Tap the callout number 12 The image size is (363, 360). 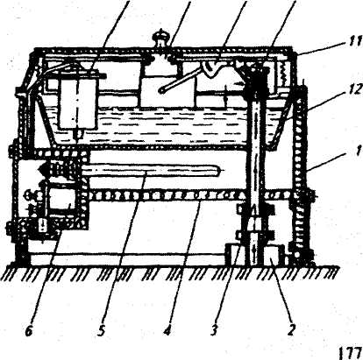[352, 88]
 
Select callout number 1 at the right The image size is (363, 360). [357, 153]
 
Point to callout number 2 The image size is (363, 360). [291, 330]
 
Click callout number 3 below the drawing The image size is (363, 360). [215, 330]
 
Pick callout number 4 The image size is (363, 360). [167, 330]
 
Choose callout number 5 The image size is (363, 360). [102, 330]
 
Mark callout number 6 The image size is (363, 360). [29, 330]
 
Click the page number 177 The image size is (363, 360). [350, 353]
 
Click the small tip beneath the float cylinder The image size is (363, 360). [78, 135]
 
